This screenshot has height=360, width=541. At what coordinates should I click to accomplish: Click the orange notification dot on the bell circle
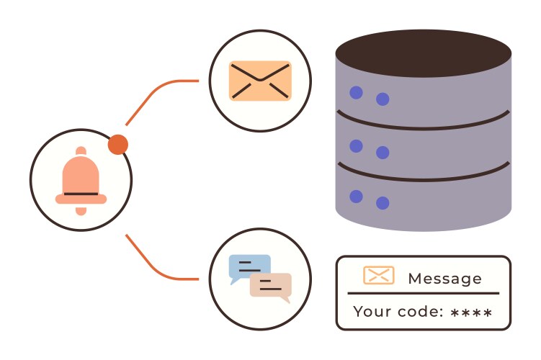tap(118, 145)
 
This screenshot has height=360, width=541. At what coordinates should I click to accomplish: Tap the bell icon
tap(81, 180)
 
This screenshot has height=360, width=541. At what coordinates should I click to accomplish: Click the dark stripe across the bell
tap(81, 194)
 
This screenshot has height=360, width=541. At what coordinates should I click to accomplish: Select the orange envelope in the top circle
tap(260, 81)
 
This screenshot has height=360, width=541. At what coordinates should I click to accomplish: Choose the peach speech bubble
tap(271, 286)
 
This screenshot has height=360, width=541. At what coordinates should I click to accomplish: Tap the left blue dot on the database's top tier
tap(356, 92)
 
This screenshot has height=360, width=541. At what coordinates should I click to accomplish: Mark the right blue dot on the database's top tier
tap(383, 99)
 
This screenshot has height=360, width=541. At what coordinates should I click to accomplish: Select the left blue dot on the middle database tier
tap(356, 145)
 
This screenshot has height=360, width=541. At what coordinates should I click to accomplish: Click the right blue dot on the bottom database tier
tap(383, 203)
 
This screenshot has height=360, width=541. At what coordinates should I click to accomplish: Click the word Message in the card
tap(444, 279)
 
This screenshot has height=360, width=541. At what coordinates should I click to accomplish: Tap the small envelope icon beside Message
tap(378, 275)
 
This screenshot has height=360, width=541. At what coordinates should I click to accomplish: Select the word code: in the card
tap(416, 312)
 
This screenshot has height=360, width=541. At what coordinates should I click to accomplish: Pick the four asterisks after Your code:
tap(471, 313)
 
